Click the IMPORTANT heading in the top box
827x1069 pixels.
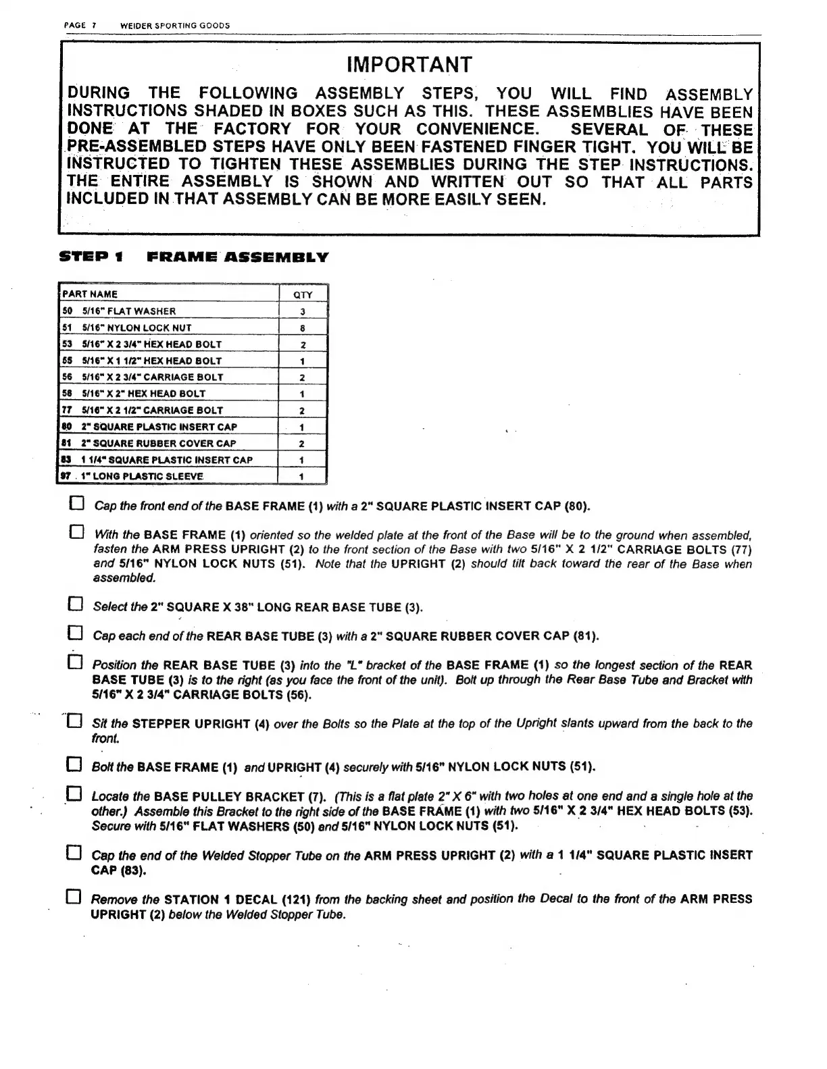[409, 65]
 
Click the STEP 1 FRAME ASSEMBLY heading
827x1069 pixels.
[194, 257]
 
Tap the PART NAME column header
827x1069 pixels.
[90, 294]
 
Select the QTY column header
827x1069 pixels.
[303, 294]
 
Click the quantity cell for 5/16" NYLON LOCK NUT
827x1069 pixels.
[303, 328]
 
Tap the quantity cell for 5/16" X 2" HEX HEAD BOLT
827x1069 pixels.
[303, 394]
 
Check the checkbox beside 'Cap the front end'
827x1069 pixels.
[77, 504]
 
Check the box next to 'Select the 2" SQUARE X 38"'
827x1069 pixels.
[76, 605]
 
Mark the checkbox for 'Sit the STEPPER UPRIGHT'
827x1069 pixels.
[75, 722]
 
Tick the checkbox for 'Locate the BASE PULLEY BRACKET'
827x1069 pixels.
[76, 795]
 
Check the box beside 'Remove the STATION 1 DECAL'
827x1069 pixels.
[76, 898]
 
